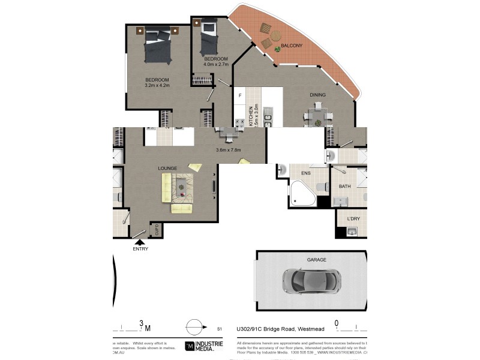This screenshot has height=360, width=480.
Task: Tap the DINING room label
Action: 317,95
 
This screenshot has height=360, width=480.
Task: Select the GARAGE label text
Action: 316,260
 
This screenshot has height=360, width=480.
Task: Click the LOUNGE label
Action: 167,168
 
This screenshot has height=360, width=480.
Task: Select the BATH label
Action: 344,187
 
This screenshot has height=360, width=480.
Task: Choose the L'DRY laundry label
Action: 353,218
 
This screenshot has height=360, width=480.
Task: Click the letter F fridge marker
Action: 240,95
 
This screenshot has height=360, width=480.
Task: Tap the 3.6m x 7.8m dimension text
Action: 228,150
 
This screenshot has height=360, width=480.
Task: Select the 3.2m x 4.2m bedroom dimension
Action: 157,85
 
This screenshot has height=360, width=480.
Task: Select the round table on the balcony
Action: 275,37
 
